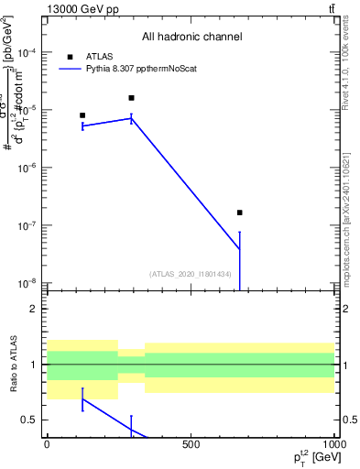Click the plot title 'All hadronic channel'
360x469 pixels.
pyautogui.click(x=191, y=37)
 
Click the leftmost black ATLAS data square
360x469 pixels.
pyautogui.click(x=82, y=115)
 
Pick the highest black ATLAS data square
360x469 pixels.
pyautogui.click(x=132, y=98)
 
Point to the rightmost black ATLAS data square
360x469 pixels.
pyautogui.click(x=239, y=213)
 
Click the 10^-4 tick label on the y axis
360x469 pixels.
pyautogui.click(x=27, y=53)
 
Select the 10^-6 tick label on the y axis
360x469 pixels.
pyautogui.click(x=27, y=169)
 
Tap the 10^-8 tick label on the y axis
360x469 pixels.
pyautogui.click(x=27, y=283)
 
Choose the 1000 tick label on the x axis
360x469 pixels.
pyautogui.click(x=333, y=444)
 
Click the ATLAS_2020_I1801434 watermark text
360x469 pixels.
pyautogui.click(x=190, y=274)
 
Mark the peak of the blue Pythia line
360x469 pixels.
pyautogui.click(x=132, y=117)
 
